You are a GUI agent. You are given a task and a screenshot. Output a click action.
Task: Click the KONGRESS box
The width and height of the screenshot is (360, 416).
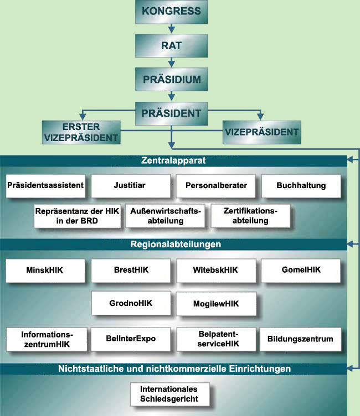(171, 12)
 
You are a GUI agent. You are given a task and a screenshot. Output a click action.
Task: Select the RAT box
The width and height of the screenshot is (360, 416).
(171, 45)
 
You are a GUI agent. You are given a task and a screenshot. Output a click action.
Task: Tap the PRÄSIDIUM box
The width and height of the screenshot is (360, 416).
(171, 79)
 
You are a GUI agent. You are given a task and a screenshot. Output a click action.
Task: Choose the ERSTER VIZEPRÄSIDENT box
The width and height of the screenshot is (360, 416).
(81, 132)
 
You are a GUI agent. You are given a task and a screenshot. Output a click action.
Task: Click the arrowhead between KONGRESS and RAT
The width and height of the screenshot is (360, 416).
(172, 29)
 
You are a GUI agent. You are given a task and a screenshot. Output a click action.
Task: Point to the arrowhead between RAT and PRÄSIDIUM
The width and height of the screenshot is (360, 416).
(172, 64)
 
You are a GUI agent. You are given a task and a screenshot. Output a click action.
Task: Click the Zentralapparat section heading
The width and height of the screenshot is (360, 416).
(173, 160)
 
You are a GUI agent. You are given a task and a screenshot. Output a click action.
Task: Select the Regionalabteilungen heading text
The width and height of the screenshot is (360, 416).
(176, 244)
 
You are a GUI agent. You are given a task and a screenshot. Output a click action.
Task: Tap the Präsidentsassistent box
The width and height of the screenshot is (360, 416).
(46, 186)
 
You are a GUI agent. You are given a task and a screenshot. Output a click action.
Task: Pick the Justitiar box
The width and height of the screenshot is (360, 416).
(131, 186)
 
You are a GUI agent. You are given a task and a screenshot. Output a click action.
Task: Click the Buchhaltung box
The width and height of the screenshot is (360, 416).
(301, 186)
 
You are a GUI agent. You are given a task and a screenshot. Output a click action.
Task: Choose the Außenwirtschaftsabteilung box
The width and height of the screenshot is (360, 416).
(165, 216)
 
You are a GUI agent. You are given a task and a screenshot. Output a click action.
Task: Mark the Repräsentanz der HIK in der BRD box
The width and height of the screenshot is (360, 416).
(78, 216)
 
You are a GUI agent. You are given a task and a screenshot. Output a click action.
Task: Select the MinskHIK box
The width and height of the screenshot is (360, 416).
(45, 271)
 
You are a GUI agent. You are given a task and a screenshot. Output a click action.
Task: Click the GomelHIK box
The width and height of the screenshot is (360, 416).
(301, 271)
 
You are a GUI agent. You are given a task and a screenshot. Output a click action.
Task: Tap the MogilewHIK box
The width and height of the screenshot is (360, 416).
(216, 304)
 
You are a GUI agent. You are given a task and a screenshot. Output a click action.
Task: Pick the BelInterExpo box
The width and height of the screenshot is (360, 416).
(131, 339)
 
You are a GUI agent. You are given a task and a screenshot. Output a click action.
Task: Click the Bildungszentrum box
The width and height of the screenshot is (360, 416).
(301, 339)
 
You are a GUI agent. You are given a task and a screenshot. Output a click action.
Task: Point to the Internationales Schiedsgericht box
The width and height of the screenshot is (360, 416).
(170, 394)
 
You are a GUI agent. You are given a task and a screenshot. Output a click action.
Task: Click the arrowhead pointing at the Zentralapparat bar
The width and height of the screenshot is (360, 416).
(350, 159)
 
